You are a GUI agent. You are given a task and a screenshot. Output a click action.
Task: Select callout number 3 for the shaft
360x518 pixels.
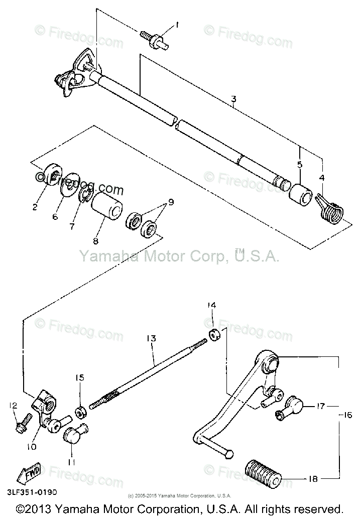coord(233,100)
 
